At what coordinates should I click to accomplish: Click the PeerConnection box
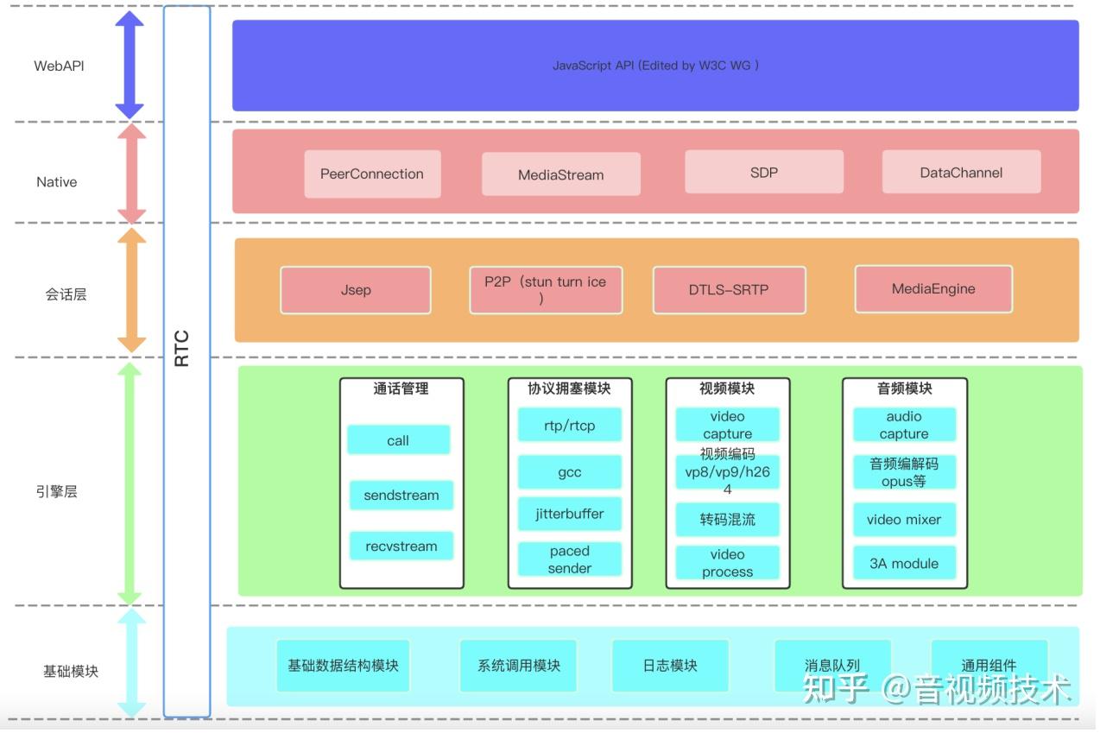coord(372,174)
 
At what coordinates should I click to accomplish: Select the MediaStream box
coord(560,174)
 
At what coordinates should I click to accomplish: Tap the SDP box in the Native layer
coord(763,172)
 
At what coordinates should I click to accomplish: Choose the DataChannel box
coord(961,172)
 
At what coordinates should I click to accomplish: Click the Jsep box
coord(355,289)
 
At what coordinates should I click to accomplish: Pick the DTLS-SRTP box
coord(729,289)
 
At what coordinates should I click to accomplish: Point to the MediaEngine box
coord(932,288)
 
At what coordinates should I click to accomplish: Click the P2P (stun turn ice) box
coord(545,289)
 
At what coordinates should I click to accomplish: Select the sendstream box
coord(401,496)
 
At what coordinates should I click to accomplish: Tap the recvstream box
coord(401,546)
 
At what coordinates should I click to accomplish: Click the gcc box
coord(569,472)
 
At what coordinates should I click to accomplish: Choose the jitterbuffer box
coord(569,514)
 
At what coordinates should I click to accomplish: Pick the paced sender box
coord(569,559)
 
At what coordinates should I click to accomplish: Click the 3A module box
coord(903,563)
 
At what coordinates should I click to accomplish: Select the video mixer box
coord(903,520)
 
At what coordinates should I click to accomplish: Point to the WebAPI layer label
coord(59,66)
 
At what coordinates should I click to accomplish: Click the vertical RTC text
coord(182,348)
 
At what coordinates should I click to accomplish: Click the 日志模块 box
coord(669,666)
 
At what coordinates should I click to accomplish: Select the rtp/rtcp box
coord(569,425)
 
